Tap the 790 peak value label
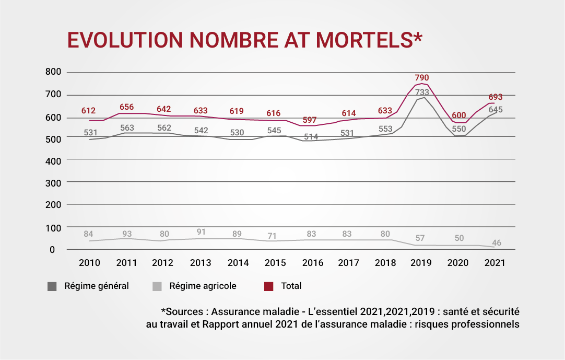421,78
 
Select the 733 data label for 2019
422,92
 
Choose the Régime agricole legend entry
203,286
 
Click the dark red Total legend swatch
269,286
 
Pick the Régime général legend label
96,286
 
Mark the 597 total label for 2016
311,120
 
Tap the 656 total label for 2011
126,107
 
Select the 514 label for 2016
311,136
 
